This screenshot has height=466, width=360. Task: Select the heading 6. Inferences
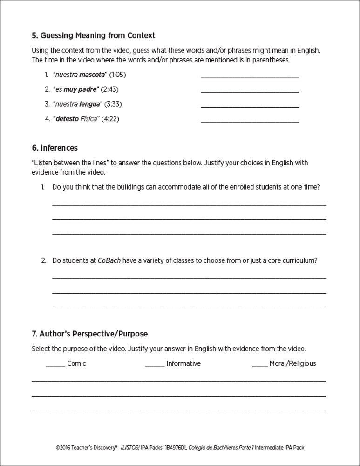[x=54, y=148]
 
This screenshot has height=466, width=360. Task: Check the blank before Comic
[x=55, y=364]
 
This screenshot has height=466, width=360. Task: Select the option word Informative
[x=183, y=363]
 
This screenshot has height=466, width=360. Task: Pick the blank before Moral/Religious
[x=260, y=364]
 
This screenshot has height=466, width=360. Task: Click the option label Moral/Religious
[x=292, y=363]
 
